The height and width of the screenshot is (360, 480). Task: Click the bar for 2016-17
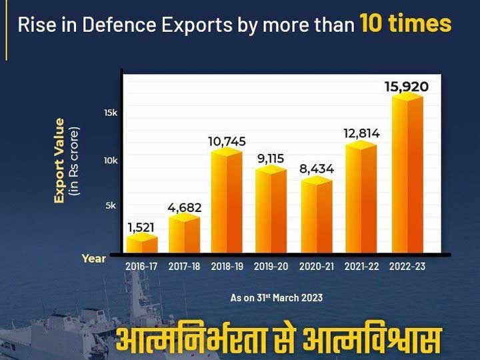142,244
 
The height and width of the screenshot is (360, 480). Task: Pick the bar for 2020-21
316,217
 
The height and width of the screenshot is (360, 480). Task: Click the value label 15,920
406,87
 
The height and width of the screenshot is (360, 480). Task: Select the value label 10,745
227,141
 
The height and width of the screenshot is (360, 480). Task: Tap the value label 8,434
316,170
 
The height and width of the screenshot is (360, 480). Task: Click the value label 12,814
361,133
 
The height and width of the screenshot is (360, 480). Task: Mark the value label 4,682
184,208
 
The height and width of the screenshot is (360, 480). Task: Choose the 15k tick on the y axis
110,113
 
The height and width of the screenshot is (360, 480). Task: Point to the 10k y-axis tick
110,160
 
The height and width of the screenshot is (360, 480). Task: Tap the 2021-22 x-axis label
362,266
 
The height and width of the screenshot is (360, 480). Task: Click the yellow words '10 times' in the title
405,25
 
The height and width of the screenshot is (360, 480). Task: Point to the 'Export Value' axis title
60,160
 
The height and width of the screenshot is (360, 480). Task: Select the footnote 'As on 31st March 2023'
277,297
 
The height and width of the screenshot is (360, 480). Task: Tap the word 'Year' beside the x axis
93,258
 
